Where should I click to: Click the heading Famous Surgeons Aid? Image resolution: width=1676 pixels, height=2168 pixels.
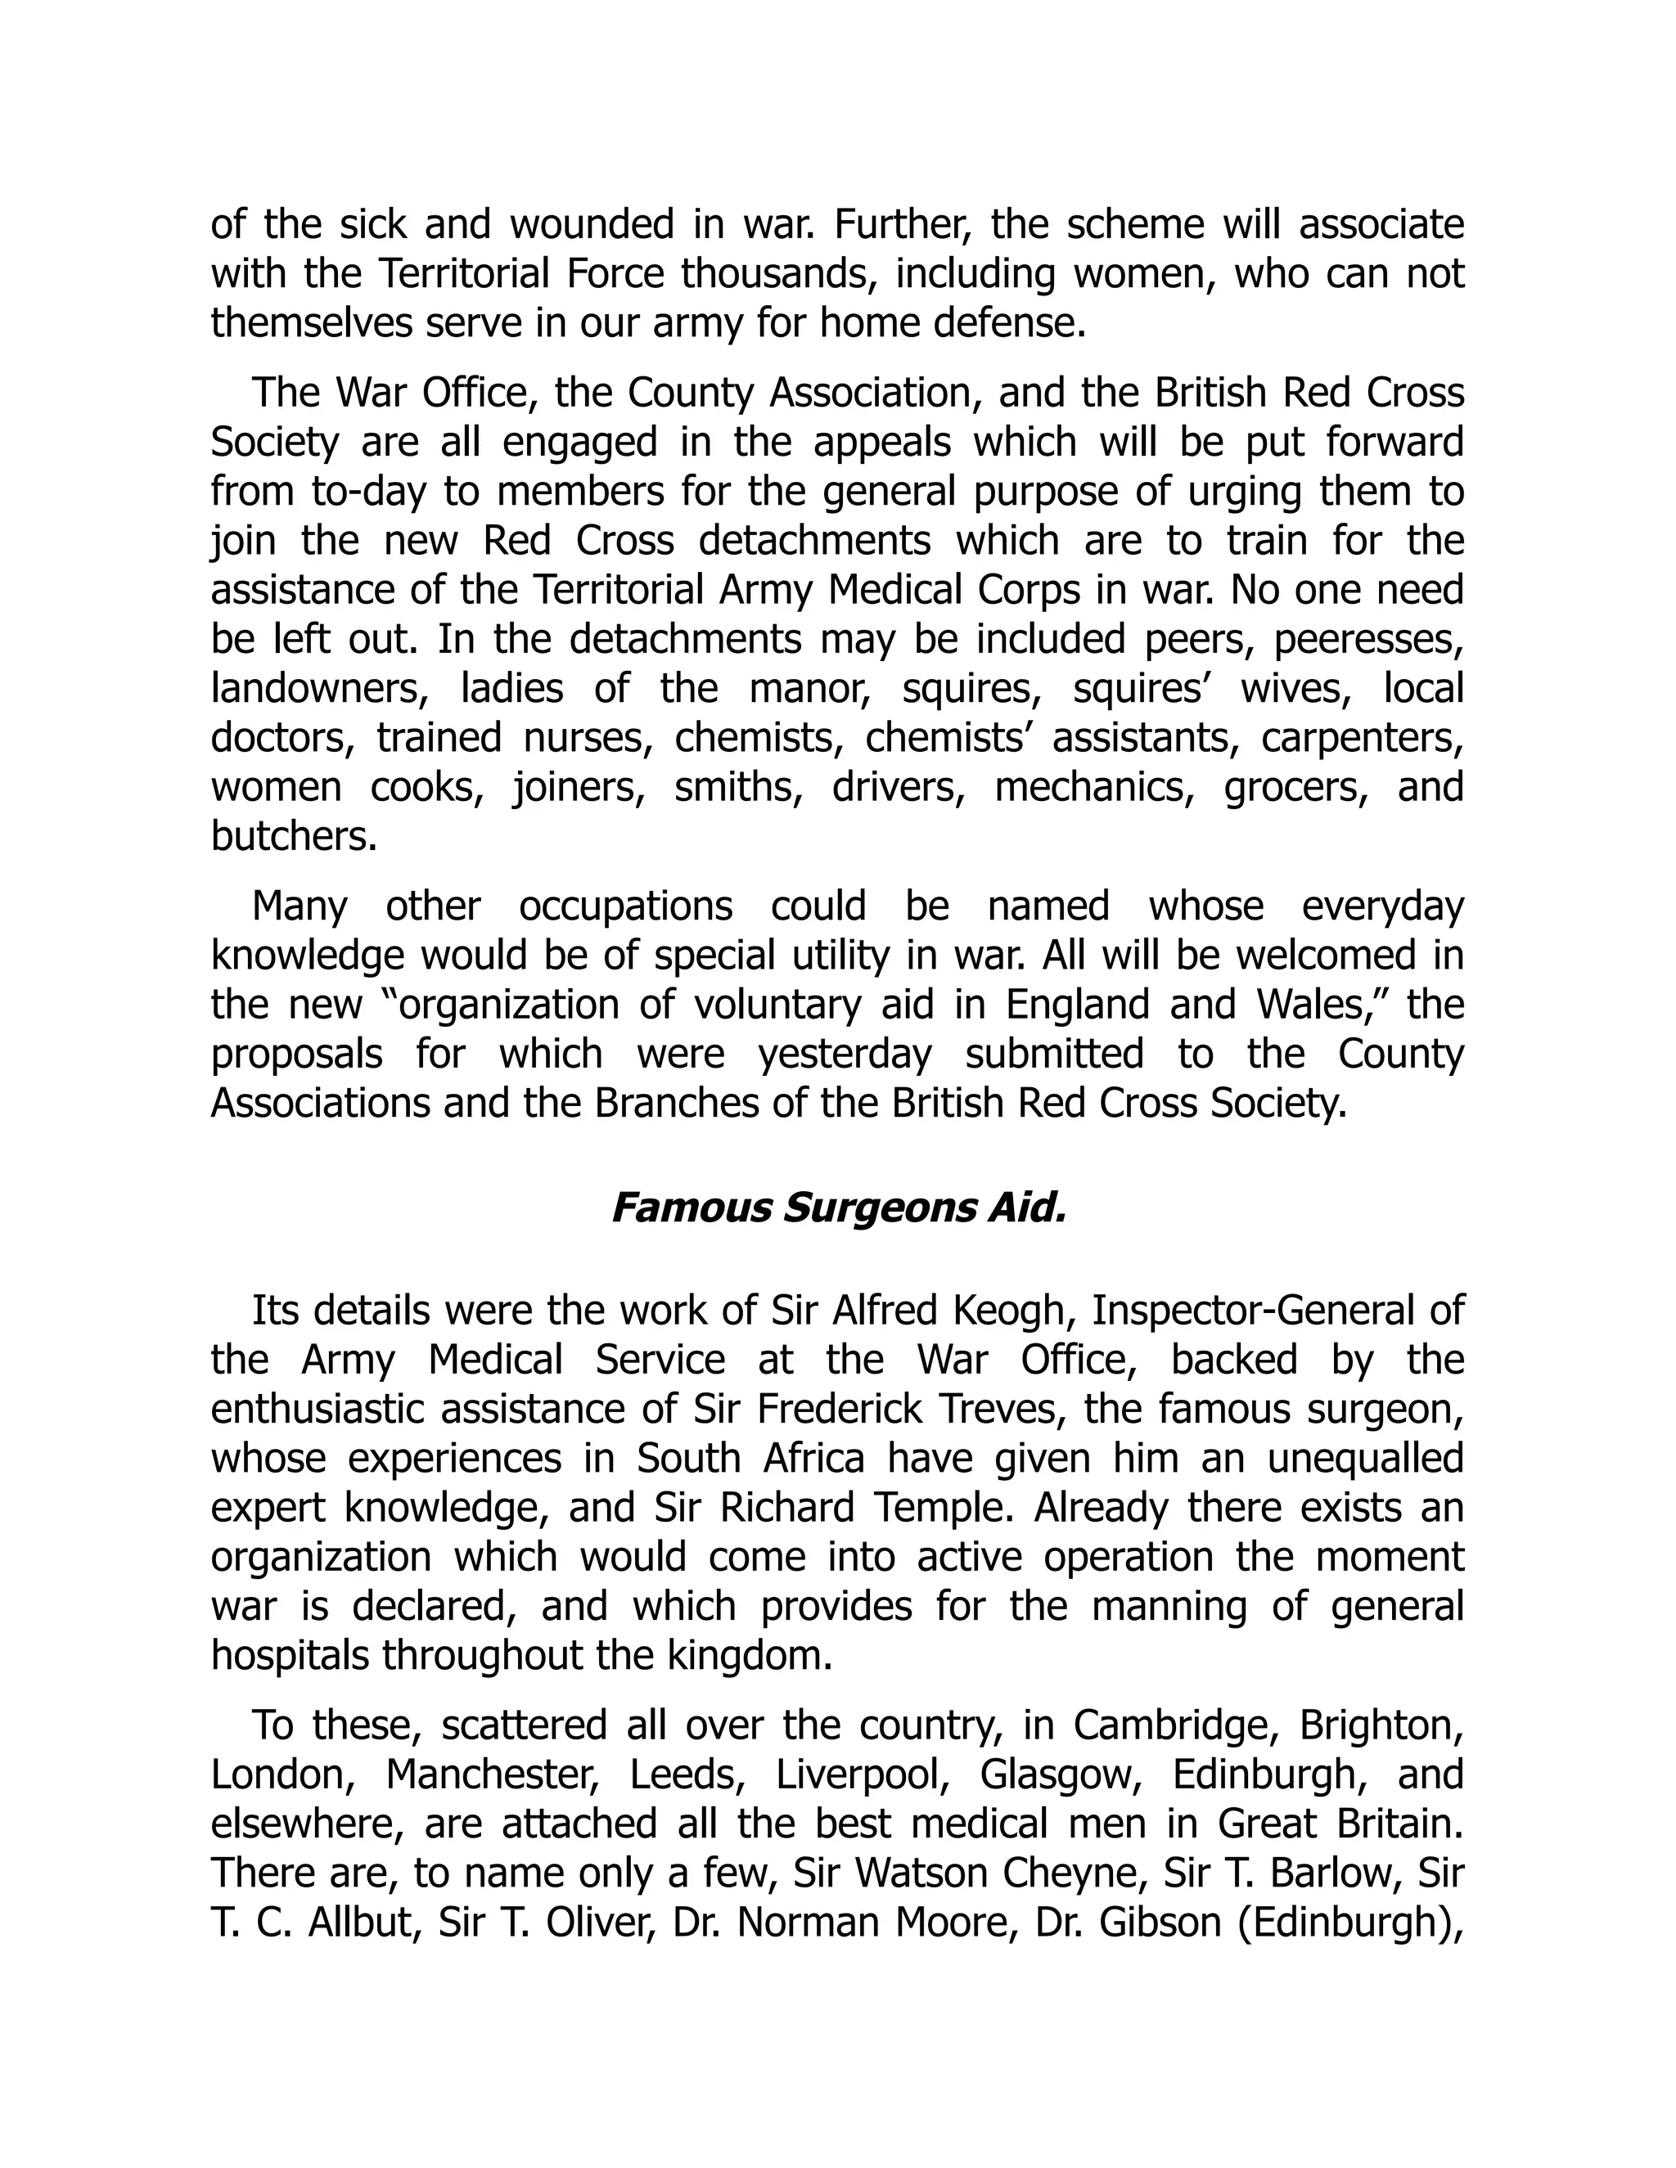click(x=838, y=1208)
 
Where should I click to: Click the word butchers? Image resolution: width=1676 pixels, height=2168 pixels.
click(x=294, y=837)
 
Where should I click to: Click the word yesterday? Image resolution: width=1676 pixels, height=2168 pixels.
click(x=845, y=1055)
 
